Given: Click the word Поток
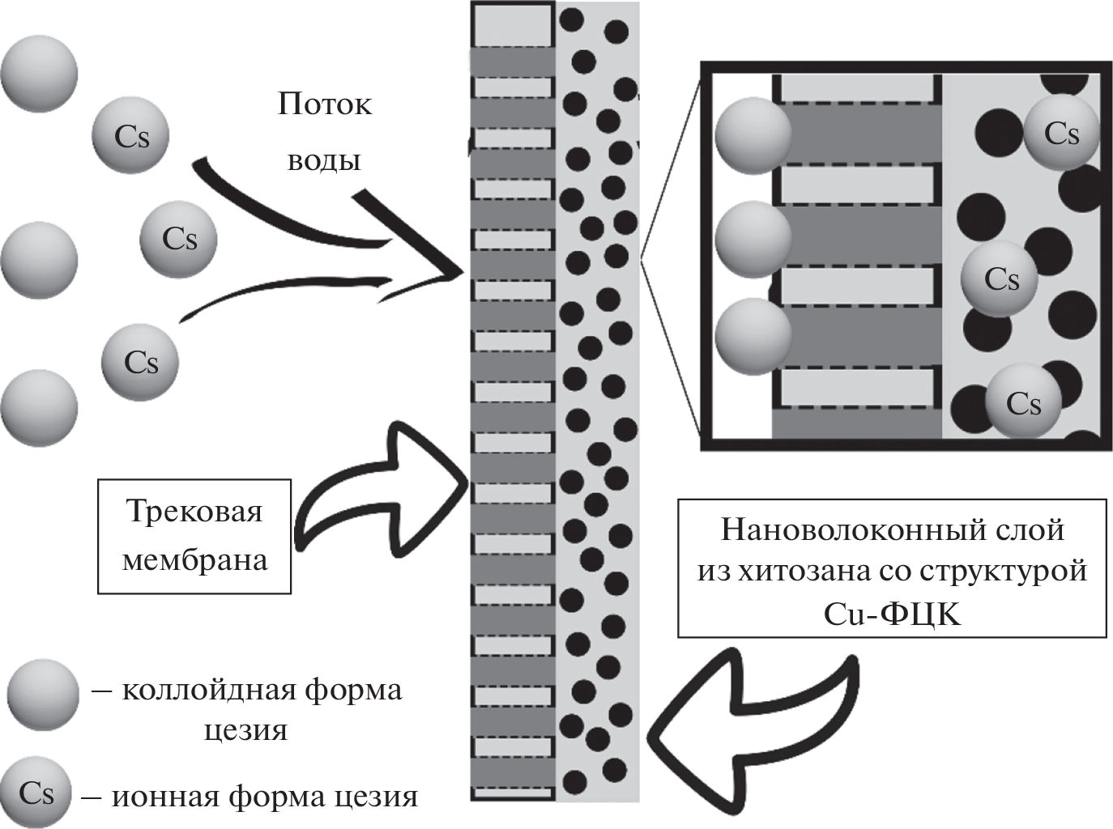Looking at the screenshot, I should coord(324,104).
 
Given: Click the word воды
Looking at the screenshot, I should coord(323,160).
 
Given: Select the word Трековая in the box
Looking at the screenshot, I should coord(194,512).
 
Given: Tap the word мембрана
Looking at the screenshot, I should coord(194,560).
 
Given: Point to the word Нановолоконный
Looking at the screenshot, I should coord(834,530).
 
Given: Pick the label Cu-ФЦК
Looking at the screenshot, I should coord(891,615).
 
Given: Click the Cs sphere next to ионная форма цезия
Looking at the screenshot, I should coord(36,793).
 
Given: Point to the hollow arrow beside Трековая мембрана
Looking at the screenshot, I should coord(381,486).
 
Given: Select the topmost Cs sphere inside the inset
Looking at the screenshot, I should coord(1061,133).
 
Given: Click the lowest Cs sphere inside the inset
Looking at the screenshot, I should coord(1023,402).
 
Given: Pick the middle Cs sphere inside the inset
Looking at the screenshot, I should coord(1000,278).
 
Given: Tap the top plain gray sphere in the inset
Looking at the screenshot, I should coord(752,136).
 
